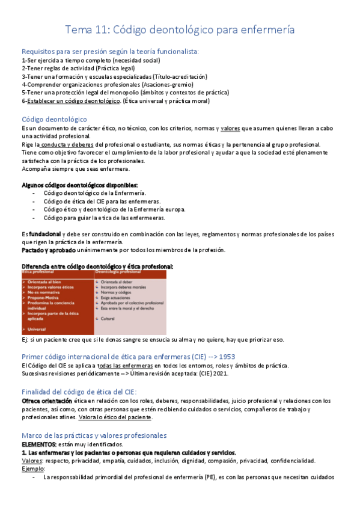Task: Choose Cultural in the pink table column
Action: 108,318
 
